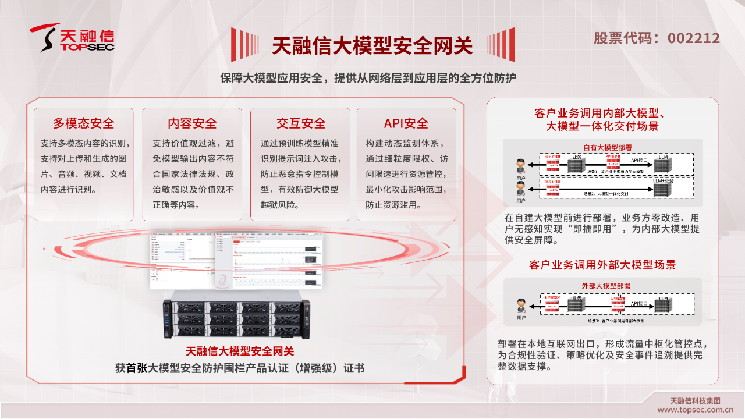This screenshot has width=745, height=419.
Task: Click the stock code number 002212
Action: click(x=693, y=38)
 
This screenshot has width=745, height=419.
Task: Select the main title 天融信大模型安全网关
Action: click(x=372, y=45)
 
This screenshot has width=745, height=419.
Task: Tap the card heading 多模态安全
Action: click(x=84, y=123)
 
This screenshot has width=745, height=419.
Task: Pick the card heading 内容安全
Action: click(x=192, y=123)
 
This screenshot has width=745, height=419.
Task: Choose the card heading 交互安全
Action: click(x=301, y=123)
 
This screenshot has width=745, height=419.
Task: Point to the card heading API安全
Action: click(x=406, y=123)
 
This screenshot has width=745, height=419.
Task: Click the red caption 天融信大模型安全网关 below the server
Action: click(x=240, y=351)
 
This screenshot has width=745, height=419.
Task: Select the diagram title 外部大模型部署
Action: click(x=606, y=286)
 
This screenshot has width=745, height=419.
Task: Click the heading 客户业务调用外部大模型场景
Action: click(x=602, y=265)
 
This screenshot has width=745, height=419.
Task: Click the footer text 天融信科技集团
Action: click(x=695, y=400)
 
